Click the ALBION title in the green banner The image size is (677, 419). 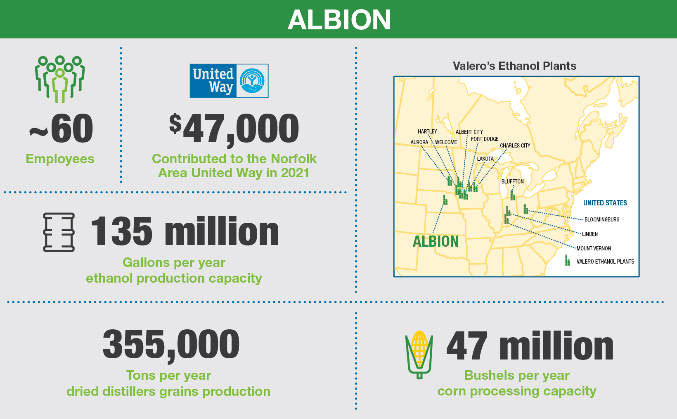point(339,20)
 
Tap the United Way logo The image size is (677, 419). point(229,81)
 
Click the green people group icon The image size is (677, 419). point(60,79)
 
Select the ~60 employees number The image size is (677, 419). point(61,129)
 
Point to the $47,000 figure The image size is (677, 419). point(234,129)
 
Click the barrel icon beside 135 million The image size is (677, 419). point(59,232)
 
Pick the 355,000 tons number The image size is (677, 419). point(171,345)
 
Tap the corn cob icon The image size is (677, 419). point(419,355)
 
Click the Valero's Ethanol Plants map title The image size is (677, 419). point(514,66)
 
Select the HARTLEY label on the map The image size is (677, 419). point(427,132)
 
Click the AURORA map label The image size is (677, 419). point(419,143)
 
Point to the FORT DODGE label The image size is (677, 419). point(485,139)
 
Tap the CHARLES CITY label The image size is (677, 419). point(515,146)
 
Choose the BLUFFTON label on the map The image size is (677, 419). point(512,182)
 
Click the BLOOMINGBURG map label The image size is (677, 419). point(602,220)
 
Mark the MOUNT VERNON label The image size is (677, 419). point(594,249)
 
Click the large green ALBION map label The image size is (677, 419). point(436,242)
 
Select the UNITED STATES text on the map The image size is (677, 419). point(605,203)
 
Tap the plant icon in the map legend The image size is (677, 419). point(567,260)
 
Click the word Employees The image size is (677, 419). point(60,159)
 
